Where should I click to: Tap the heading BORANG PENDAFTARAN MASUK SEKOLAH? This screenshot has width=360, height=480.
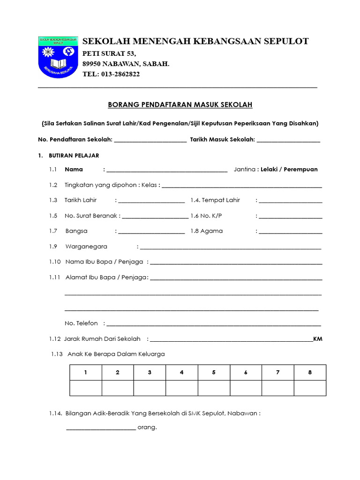tap(180, 105)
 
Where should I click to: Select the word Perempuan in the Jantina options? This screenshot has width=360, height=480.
tap(300, 169)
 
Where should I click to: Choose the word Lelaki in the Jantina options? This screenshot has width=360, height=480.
tap(270, 169)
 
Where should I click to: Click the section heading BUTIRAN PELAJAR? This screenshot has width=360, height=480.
tap(74, 155)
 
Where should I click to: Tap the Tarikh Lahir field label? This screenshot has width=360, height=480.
tap(81, 200)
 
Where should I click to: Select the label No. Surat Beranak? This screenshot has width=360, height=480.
tap(91, 216)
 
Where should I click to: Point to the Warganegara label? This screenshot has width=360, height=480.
tap(86, 247)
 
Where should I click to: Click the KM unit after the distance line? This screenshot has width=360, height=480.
tap(318, 339)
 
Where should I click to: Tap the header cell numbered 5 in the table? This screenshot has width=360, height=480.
tap(214, 373)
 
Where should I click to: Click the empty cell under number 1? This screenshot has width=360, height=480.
tap(86, 388)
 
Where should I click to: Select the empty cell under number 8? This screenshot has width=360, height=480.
tap(310, 388)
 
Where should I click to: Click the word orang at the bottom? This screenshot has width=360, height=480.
tap(147, 427)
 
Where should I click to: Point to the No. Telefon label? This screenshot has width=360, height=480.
tap(81, 323)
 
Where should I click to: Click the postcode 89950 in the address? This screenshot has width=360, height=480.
tap(93, 64)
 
